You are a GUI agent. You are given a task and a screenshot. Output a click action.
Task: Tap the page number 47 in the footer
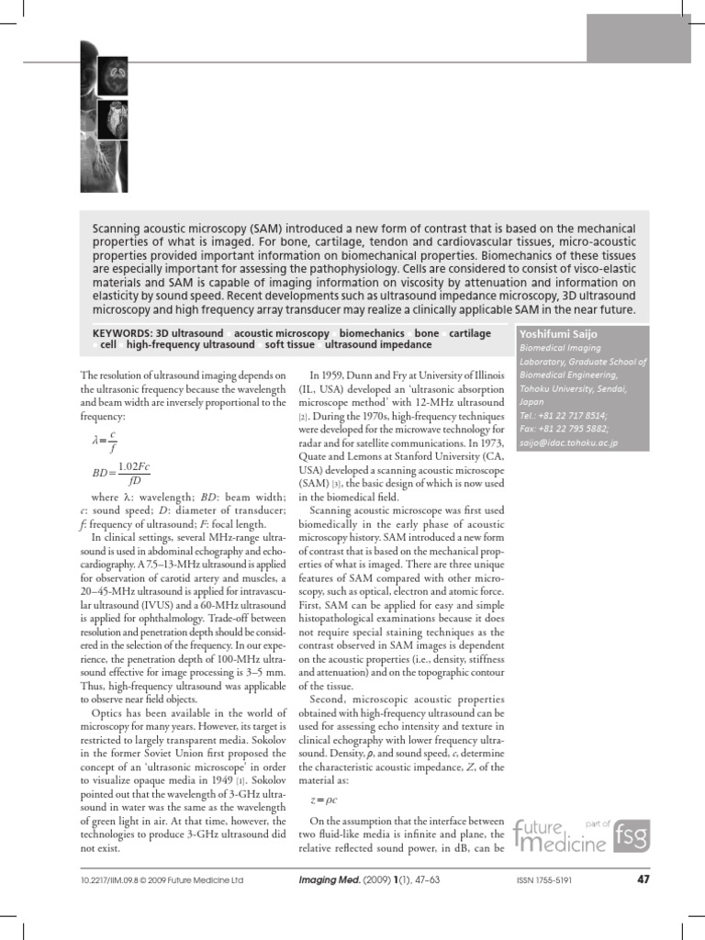[x=643, y=880]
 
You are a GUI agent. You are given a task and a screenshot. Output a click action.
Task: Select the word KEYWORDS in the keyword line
[x=123, y=333]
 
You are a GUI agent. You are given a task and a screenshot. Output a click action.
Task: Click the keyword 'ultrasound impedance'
[x=378, y=345]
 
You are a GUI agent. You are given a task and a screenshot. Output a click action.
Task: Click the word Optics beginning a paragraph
[x=110, y=712]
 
